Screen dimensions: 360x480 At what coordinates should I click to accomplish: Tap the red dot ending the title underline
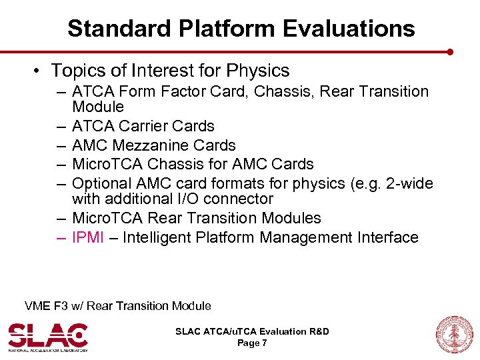click(x=451, y=51)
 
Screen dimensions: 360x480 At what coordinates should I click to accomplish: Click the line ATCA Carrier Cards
click(x=143, y=126)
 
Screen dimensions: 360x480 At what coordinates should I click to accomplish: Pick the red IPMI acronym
click(x=88, y=237)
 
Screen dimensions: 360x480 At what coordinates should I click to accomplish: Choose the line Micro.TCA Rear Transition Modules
click(x=196, y=218)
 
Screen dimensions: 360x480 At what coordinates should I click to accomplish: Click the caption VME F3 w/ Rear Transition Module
click(x=117, y=306)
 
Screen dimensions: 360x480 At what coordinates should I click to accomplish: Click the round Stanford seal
click(x=453, y=334)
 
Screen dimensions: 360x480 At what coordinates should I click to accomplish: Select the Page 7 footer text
click(x=252, y=343)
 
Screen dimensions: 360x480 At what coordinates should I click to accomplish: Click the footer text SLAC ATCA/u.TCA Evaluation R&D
click(x=252, y=331)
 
